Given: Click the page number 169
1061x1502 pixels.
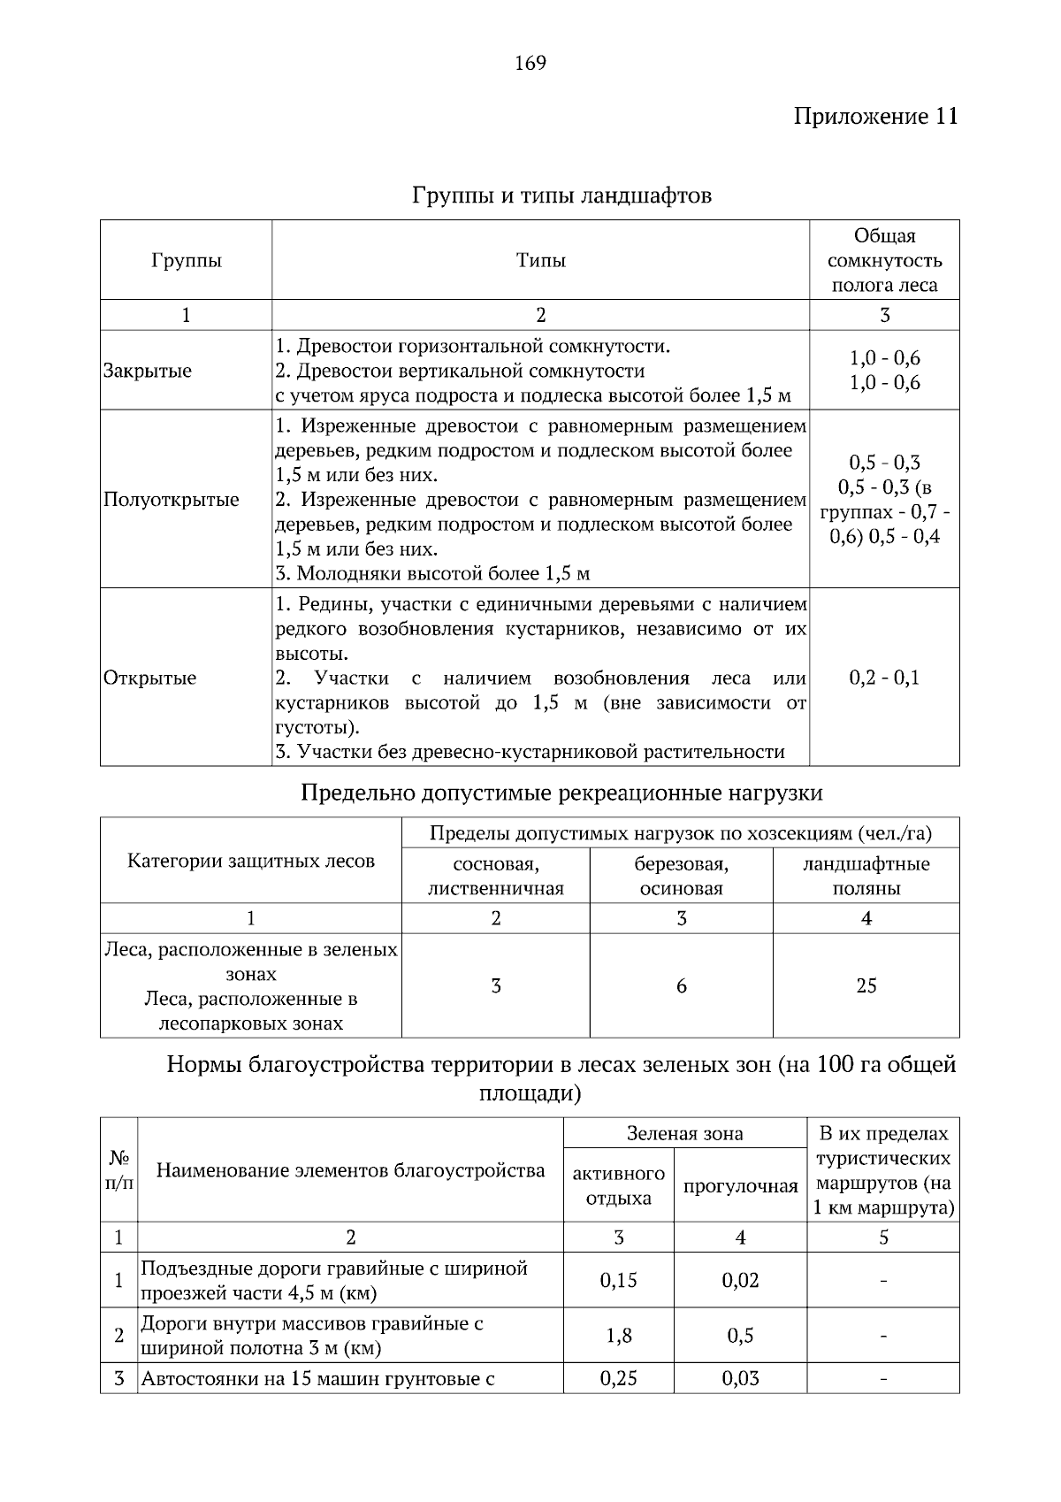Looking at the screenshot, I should [x=530, y=63].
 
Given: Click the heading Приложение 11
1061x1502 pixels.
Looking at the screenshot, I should [x=874, y=117].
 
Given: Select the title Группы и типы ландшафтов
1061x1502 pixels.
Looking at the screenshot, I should [x=561, y=195].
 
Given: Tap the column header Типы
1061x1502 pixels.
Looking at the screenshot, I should [x=540, y=260].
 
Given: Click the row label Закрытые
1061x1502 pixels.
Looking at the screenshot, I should [x=148, y=371].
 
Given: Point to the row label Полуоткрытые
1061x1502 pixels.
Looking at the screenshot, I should [x=172, y=500].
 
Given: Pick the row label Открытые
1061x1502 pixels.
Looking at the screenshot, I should [x=150, y=678].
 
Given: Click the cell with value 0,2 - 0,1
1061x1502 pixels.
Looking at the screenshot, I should [x=883, y=678].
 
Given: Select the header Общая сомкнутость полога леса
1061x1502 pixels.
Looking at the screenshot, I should [x=883, y=260].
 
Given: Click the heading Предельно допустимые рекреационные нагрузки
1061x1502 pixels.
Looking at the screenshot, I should [x=561, y=793].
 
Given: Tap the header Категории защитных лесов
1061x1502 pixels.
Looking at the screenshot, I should [x=251, y=861].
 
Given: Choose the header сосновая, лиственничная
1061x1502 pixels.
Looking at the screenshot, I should [x=495, y=876].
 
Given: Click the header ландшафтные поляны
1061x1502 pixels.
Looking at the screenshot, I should [x=866, y=876].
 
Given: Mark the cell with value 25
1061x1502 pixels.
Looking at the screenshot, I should [x=866, y=986].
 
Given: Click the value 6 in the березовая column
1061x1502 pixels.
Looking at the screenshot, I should [x=681, y=986].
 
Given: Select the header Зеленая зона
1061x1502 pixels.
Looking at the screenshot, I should [x=684, y=1133].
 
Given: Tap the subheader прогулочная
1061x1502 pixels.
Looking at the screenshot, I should [x=740, y=1186].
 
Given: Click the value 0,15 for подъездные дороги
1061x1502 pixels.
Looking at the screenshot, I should [x=618, y=1280].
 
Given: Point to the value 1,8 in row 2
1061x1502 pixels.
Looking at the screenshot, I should [x=618, y=1336].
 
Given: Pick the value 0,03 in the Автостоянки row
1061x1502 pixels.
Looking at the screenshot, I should [x=740, y=1378].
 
